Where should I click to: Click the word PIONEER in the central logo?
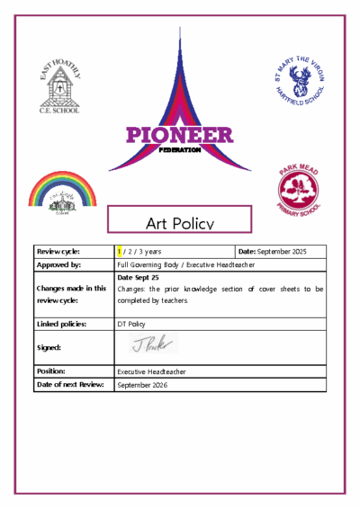pyautogui.click(x=179, y=136)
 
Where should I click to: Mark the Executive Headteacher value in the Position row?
pyautogui.click(x=156, y=370)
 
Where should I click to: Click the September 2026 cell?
pyautogui.click(x=142, y=385)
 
